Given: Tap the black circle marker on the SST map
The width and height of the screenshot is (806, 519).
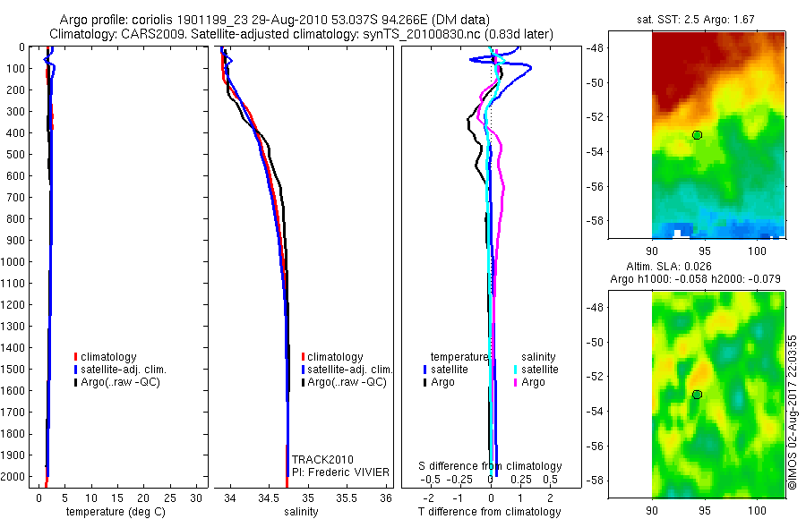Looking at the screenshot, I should pyautogui.click(x=697, y=135).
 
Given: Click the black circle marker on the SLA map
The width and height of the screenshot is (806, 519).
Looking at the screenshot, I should pyautogui.click(x=697, y=395).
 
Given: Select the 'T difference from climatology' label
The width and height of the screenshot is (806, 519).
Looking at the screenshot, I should pyautogui.click(x=491, y=512).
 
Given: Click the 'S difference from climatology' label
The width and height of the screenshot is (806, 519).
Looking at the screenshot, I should pyautogui.click(x=491, y=466).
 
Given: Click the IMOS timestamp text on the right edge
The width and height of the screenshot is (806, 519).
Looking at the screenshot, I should pyautogui.click(x=793, y=412).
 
